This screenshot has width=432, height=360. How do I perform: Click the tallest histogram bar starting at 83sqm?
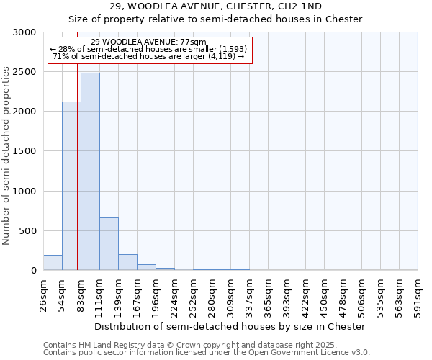90,171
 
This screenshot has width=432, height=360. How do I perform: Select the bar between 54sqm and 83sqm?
71,186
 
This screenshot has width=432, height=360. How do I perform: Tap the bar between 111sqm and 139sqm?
109,243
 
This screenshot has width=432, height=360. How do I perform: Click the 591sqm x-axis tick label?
418,297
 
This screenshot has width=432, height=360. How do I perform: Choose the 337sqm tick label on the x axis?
250,297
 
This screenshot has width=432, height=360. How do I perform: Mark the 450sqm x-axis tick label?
325,297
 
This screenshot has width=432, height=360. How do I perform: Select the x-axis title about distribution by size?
230,326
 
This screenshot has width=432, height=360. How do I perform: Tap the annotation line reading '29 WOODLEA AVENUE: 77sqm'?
149,42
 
